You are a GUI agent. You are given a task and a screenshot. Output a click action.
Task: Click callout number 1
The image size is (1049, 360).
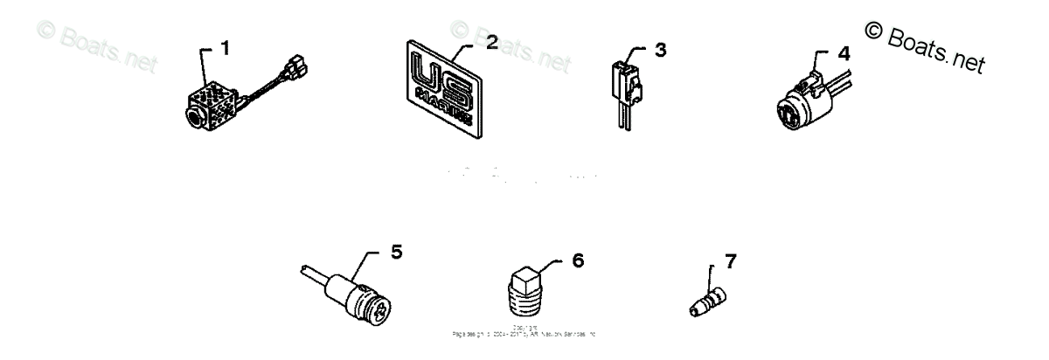pos(226,49)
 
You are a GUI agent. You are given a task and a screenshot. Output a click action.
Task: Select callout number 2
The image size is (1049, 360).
pos(491,45)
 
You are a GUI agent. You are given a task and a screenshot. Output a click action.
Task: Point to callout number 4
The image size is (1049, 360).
pos(843,52)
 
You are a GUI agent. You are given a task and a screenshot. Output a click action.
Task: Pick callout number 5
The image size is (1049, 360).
pos(396,253)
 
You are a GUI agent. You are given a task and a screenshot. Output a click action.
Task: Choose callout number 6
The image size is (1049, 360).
pos(578,260)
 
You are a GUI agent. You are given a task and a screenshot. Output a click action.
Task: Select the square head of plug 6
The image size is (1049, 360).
pos(527,277)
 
